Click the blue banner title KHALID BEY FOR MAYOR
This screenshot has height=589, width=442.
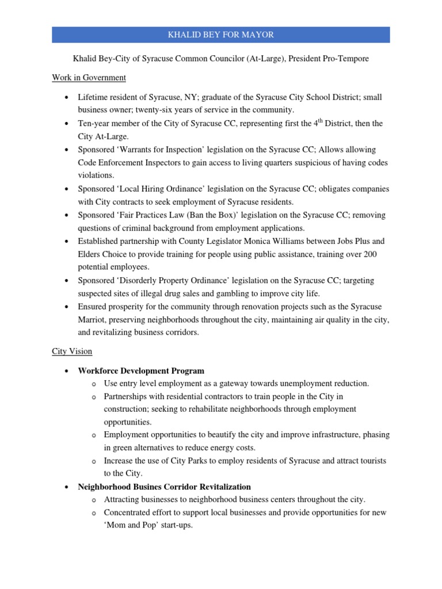click(220, 35)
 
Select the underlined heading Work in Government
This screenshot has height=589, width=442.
click(89, 77)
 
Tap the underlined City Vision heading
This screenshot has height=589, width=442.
click(72, 351)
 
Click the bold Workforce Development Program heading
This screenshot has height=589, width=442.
click(141, 370)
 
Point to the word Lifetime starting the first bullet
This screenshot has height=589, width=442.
click(96, 97)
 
